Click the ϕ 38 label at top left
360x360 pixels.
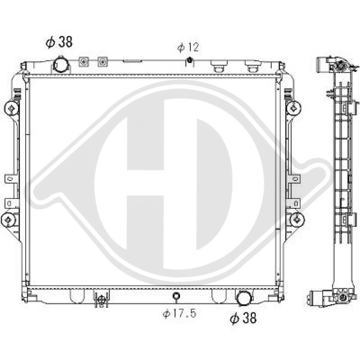point(59,42)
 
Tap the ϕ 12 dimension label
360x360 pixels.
point(188,47)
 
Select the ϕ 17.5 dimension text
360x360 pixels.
point(180,313)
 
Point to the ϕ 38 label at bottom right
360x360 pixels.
point(243,318)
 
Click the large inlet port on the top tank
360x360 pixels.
point(61,64)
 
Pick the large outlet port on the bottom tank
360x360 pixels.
point(244,298)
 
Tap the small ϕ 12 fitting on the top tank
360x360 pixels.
point(189,60)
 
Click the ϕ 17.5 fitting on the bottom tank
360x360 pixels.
point(176,296)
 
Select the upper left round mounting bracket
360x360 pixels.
point(12,108)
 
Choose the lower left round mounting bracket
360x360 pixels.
point(9,220)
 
